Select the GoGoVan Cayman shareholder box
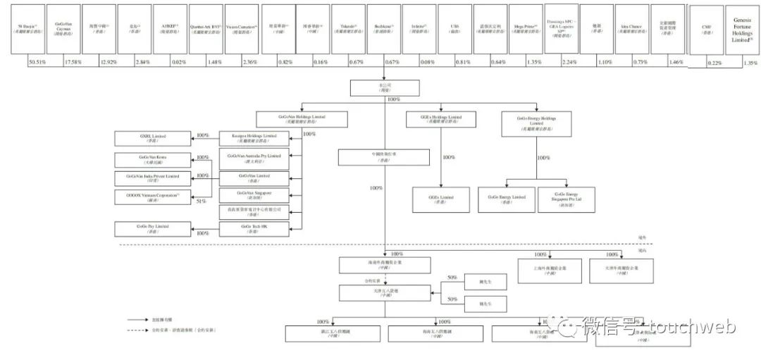(63, 29)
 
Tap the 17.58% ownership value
(73, 62)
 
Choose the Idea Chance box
(631, 29)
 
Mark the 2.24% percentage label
(569, 62)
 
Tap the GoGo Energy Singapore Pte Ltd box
(570, 198)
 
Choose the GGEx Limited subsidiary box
(442, 198)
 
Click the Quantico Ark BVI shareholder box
(206, 29)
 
